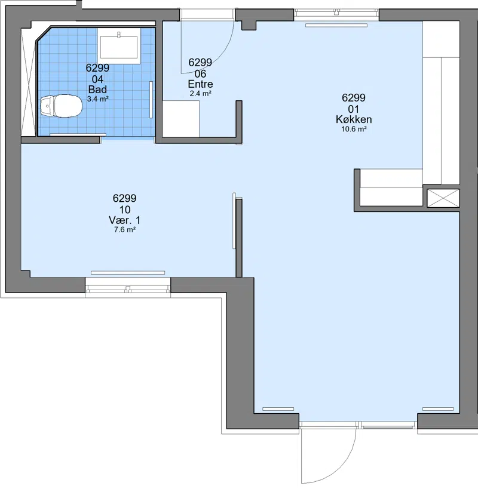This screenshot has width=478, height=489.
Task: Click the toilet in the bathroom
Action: point(61,106)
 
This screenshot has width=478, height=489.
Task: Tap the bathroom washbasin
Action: point(118,46)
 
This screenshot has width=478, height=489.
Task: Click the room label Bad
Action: point(97,90)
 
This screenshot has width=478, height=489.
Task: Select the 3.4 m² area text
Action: point(97,99)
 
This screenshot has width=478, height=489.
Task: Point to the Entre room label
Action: point(200,84)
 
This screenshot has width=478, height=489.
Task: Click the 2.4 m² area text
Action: point(201,93)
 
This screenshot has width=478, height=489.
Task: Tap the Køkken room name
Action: point(354,119)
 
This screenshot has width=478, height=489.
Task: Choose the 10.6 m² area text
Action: point(354,129)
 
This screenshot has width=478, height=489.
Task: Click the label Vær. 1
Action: point(124,220)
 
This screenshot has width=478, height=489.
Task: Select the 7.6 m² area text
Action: point(124,230)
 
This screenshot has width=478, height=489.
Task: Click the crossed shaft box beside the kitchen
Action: point(443,198)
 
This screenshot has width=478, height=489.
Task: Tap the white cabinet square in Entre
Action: point(180,119)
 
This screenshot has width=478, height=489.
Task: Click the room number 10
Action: point(124,210)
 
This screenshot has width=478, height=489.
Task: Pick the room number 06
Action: point(200,74)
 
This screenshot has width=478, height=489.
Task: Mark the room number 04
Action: point(97,79)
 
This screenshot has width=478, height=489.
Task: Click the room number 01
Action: point(354,109)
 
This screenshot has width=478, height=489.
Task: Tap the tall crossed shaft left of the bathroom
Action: point(29,82)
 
